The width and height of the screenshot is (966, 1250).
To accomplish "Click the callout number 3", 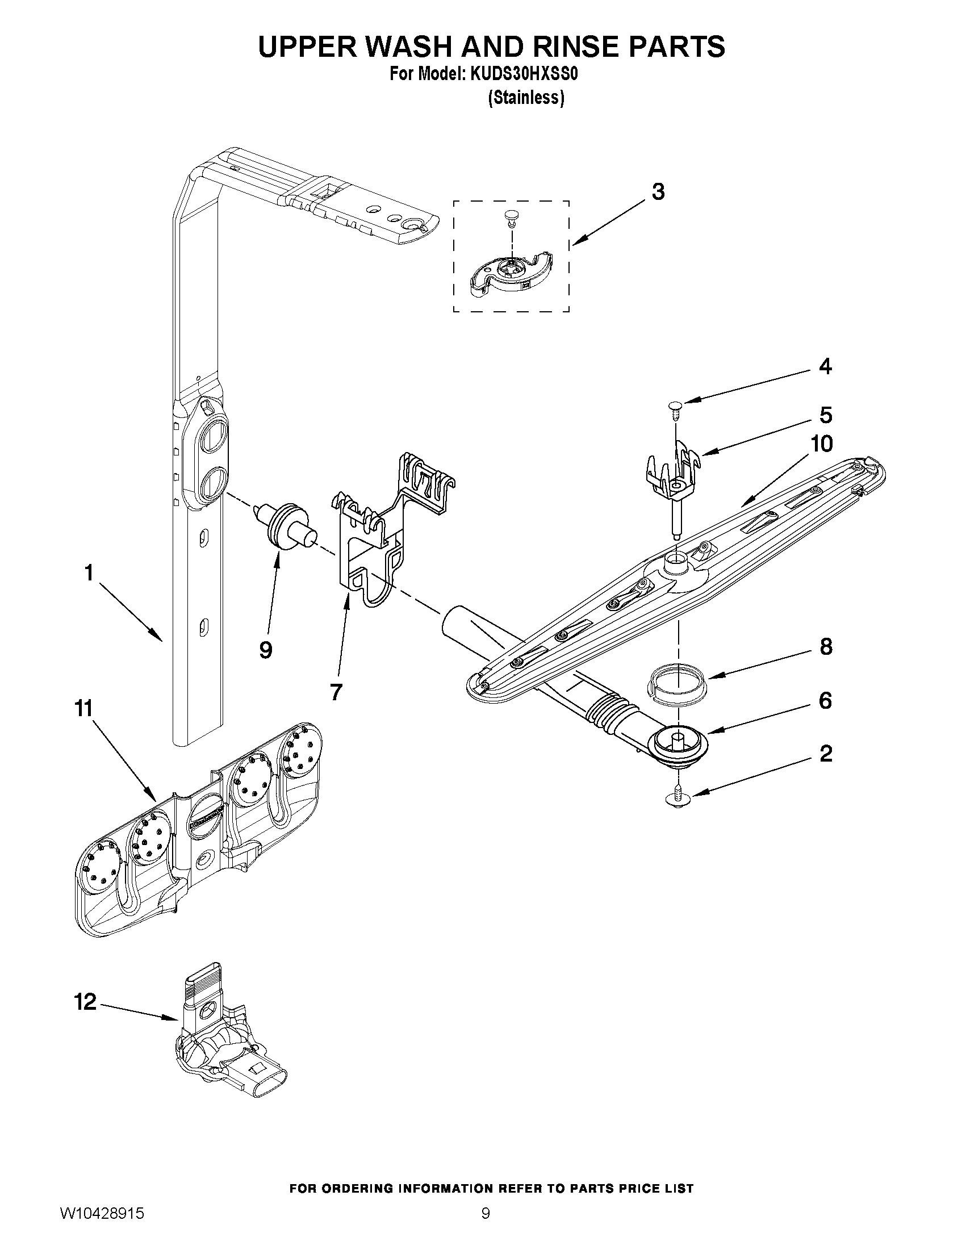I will point(658,193).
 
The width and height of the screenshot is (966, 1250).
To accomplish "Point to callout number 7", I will point(336,692).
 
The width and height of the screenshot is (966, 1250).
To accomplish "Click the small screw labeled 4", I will point(674,407).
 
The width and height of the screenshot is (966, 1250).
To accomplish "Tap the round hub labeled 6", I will point(678,741).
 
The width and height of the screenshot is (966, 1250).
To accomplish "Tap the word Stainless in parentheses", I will point(526,98).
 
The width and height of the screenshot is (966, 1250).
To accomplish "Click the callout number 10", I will point(822,444).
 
